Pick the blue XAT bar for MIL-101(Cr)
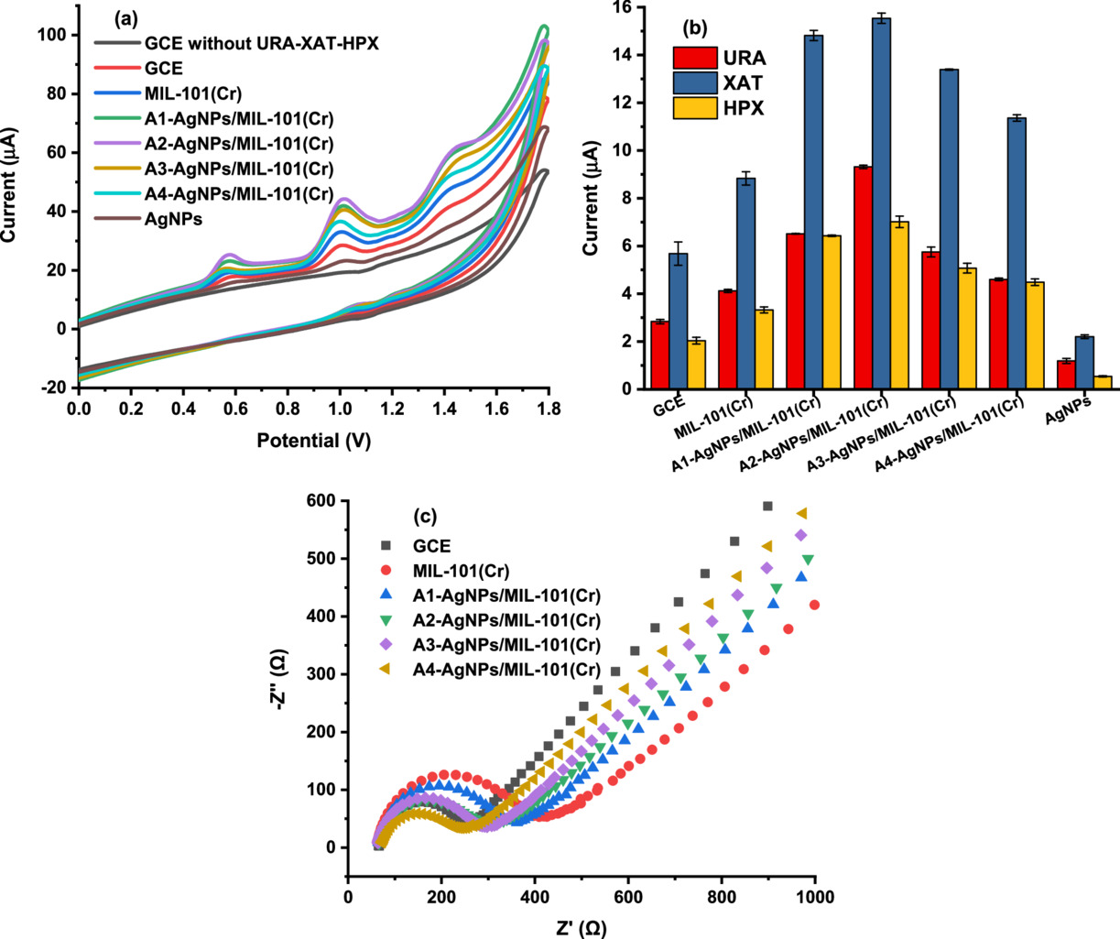(746, 283)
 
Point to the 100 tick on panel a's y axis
(55, 35)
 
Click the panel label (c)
(426, 515)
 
